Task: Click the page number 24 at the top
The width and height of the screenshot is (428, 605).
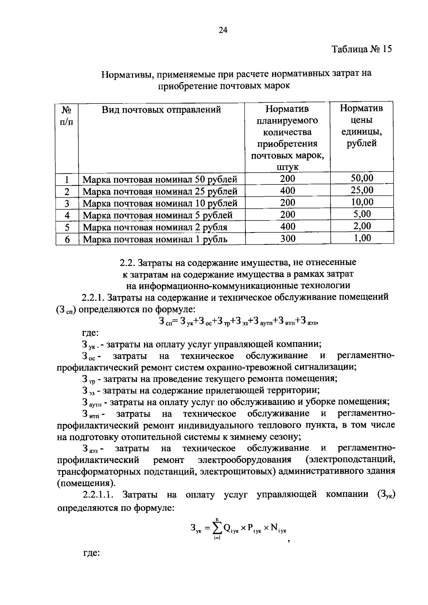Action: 223,30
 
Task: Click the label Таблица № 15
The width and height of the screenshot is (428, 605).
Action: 362,49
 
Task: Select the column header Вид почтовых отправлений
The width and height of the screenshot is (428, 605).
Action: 161,110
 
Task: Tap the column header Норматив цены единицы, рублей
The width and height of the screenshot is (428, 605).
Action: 361,126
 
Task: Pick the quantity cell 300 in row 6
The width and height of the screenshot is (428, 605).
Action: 287,238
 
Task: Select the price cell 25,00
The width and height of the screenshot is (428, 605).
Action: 362,190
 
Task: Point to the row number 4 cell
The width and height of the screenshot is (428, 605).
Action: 67,215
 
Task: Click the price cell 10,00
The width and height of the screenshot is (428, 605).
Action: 362,202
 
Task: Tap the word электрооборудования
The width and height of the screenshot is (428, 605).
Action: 245,459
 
